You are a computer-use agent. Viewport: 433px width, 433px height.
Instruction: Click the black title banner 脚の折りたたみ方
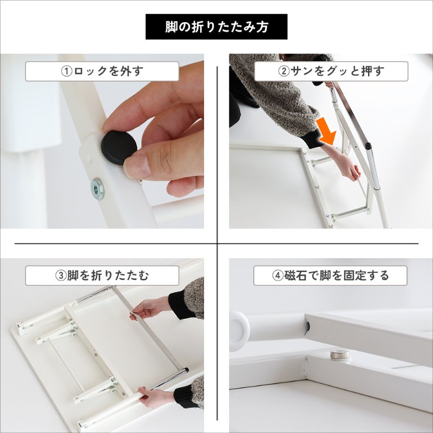(x=216, y=27)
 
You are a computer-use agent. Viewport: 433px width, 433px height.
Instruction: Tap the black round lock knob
(x=119, y=148)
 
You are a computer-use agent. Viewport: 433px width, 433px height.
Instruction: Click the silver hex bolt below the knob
(x=97, y=188)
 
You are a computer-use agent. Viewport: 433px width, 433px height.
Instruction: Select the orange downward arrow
(x=326, y=132)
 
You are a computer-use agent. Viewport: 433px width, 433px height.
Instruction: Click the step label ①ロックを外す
(x=102, y=71)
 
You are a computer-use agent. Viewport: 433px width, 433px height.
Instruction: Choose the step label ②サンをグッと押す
(x=331, y=71)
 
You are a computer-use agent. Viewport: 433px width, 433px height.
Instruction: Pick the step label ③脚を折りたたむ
(x=102, y=275)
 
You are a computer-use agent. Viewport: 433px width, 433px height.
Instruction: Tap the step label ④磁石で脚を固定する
(x=330, y=275)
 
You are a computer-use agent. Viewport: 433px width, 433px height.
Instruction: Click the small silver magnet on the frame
(x=339, y=355)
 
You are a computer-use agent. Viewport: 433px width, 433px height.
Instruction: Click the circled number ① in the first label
(x=66, y=71)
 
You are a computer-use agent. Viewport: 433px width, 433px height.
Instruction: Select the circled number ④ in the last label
(x=278, y=275)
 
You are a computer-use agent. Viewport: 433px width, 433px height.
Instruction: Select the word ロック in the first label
(x=90, y=71)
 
